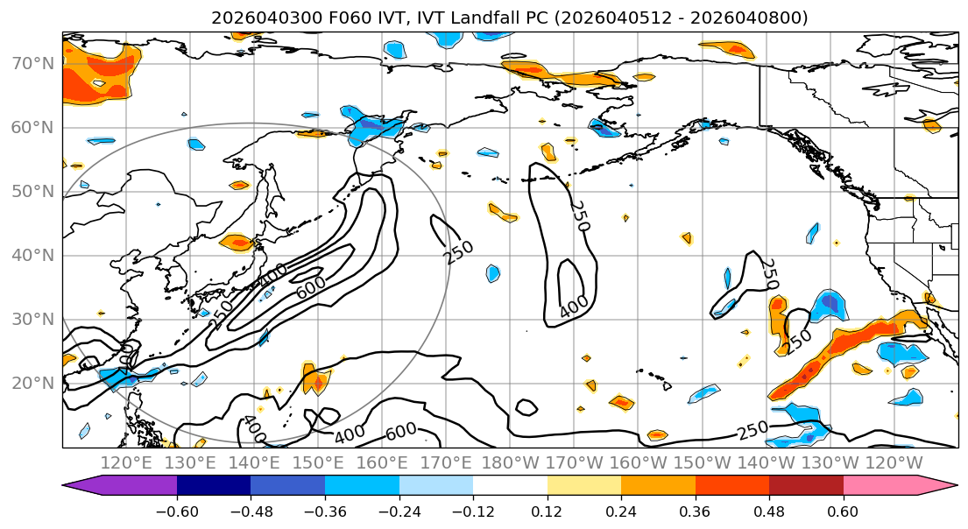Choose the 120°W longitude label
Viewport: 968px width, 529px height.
point(894,462)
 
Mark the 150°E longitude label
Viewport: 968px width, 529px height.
point(318,462)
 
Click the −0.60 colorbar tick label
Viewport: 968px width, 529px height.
point(177,510)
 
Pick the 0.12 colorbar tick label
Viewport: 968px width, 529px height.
point(548,510)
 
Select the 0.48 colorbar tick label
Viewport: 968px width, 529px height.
point(769,510)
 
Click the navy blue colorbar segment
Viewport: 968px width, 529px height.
point(214,486)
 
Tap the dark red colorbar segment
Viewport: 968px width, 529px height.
point(806,486)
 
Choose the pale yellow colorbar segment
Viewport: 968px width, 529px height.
point(584,486)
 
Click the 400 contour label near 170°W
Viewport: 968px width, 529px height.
point(574,306)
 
